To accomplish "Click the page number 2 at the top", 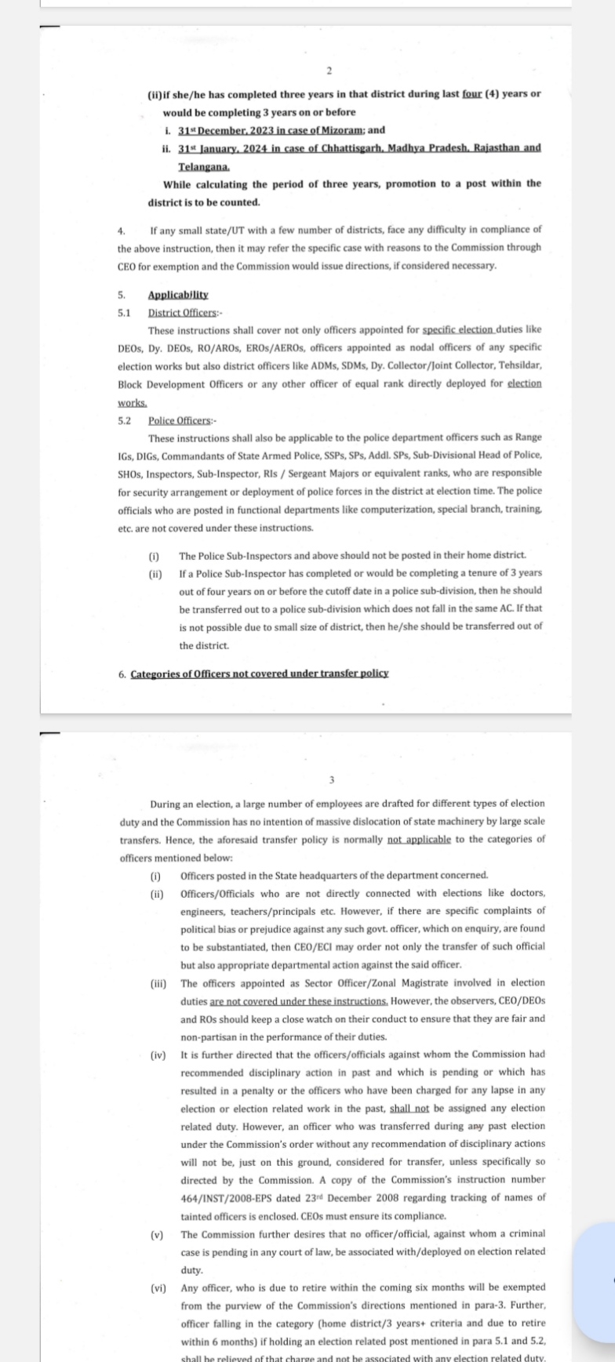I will click(329, 71).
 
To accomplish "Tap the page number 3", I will click(332, 779).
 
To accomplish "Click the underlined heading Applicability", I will click(178, 295).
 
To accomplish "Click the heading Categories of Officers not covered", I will click(259, 674).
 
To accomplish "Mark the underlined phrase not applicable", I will click(419, 839).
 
